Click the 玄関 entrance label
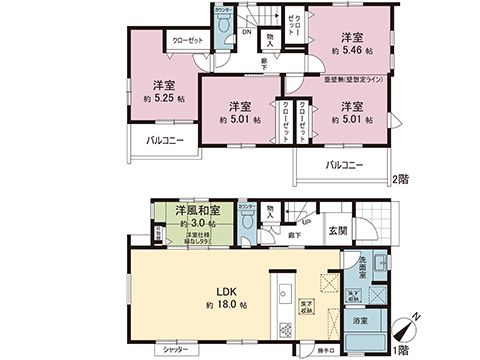coord(339,232)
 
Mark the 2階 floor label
coord(400,179)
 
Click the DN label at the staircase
coord(247,31)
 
